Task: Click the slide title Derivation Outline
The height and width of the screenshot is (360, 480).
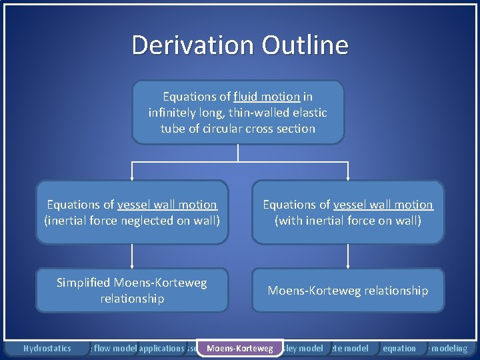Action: (239, 45)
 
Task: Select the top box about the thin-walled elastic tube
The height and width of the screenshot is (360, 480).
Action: (238, 113)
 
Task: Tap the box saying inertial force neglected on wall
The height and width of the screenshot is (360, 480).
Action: (131, 212)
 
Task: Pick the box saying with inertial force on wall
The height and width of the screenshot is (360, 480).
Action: (347, 212)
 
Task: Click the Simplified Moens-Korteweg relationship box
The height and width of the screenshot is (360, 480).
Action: (131, 291)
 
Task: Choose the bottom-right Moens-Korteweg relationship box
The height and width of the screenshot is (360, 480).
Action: (347, 291)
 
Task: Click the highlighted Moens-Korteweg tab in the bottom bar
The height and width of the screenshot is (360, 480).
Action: (240, 348)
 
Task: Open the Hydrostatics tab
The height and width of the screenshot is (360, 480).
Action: (47, 348)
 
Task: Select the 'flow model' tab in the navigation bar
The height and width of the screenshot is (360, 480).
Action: (115, 348)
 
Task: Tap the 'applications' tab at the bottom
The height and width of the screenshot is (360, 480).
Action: (161, 348)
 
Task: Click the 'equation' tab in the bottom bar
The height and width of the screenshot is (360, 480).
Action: (399, 348)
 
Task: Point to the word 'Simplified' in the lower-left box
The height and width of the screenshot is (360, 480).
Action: (84, 283)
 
